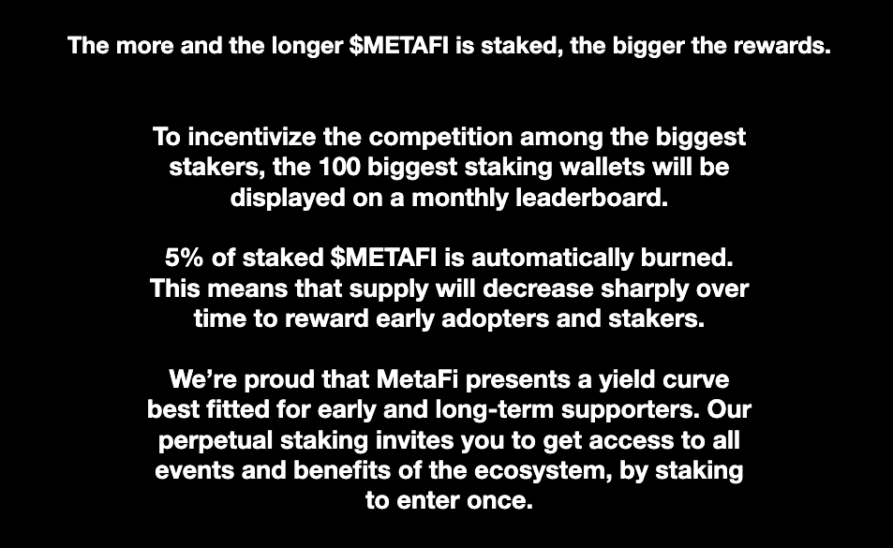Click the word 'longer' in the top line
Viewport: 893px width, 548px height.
[307, 46]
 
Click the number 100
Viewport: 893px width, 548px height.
[339, 168]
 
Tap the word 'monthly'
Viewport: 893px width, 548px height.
[459, 199]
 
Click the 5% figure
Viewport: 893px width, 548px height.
[184, 259]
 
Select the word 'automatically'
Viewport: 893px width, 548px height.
[552, 259]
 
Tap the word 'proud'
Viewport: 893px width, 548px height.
[279, 380]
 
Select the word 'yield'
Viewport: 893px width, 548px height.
[627, 380]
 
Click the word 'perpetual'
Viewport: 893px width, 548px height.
[216, 441]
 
